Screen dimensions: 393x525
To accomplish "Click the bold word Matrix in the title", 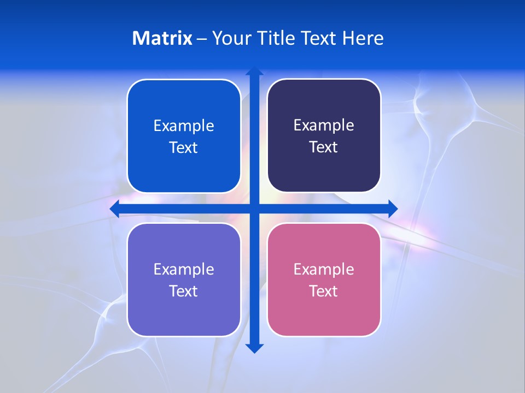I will pyautogui.click(x=162, y=38).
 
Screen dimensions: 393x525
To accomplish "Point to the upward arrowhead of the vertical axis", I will pyautogui.click(x=254, y=71).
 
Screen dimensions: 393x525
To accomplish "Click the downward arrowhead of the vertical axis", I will pyautogui.click(x=254, y=348).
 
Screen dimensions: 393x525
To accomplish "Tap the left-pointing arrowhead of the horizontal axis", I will pyautogui.click(x=115, y=209).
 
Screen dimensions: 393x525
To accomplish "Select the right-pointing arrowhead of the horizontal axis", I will pyautogui.click(x=393, y=209).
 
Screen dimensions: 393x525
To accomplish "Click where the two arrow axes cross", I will pyautogui.click(x=254, y=209).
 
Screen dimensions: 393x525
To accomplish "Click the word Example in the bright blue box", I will pyautogui.click(x=184, y=126).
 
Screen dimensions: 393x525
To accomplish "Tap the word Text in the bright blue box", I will pyautogui.click(x=184, y=148).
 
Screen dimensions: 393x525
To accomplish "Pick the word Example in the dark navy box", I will pyautogui.click(x=324, y=126).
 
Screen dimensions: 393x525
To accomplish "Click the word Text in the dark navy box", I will pyautogui.click(x=324, y=147).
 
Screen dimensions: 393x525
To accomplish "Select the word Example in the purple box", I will pyautogui.click(x=184, y=270).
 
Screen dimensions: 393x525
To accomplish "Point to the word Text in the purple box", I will pyautogui.click(x=184, y=291).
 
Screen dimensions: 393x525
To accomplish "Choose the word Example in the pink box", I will pyautogui.click(x=324, y=270).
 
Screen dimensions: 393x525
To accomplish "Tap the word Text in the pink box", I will pyautogui.click(x=324, y=291).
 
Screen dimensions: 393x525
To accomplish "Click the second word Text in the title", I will pyautogui.click(x=319, y=38).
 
